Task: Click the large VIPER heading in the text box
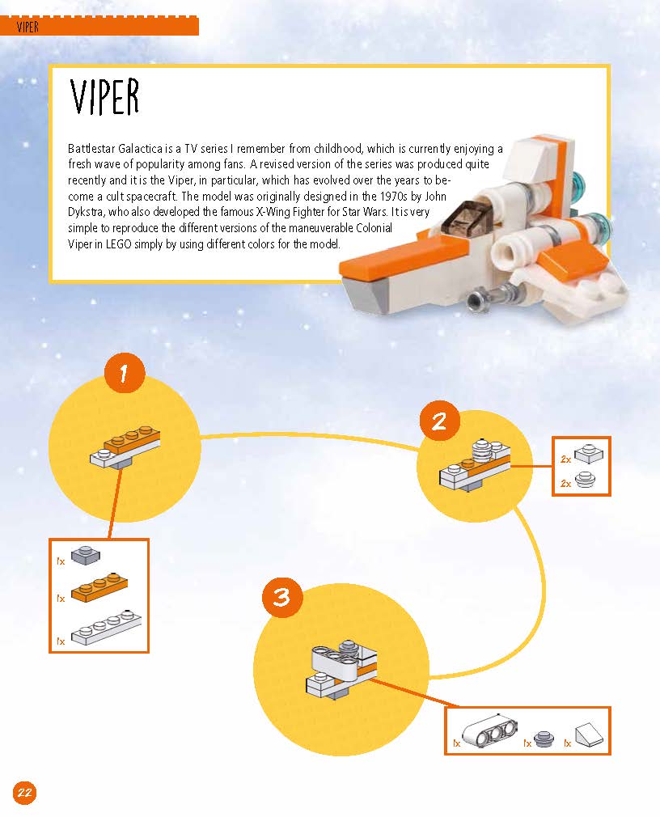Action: pos(104,97)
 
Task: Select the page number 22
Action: pos(24,793)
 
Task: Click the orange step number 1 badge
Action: pos(124,373)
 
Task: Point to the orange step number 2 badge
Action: pos(439,421)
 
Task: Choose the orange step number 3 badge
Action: pos(281,597)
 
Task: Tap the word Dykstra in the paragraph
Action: pos(85,212)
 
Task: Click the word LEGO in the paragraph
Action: pos(118,243)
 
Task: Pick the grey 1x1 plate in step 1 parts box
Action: pos(86,556)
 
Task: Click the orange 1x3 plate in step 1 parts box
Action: pos(99,588)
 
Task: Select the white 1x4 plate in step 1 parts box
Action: pos(106,628)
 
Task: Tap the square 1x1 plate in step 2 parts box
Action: pos(589,453)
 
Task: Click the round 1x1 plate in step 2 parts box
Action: pos(585,479)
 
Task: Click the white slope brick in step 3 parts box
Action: pos(589,733)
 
